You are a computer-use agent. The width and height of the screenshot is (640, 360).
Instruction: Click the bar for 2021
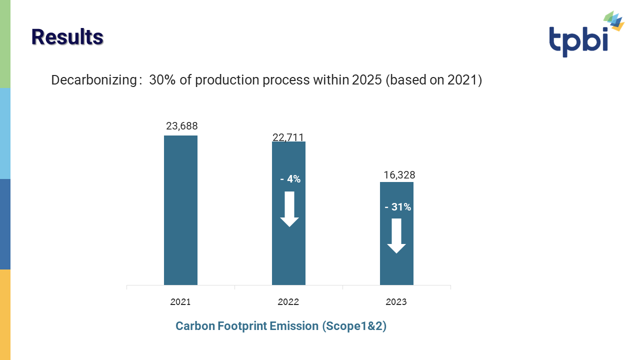tap(180, 210)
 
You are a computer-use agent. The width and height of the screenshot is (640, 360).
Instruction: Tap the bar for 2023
tap(396, 270)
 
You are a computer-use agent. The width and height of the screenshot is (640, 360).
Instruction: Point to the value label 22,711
tap(288, 137)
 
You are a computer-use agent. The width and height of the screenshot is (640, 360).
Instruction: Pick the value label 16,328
tap(399, 175)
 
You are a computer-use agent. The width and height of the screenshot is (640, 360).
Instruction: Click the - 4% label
tap(290, 179)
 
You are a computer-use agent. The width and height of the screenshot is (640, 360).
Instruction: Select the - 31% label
tap(397, 207)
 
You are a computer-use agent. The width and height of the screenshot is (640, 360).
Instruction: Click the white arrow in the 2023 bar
tap(396, 236)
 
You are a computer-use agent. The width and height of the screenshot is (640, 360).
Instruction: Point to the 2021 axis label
tap(180, 302)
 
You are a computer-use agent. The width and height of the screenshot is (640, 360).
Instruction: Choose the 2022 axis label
tap(288, 302)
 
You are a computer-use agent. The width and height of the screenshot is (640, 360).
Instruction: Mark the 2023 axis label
tap(396, 302)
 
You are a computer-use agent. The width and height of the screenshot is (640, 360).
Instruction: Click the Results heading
tap(67, 37)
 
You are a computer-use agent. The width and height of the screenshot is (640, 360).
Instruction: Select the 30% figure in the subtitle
tap(161, 80)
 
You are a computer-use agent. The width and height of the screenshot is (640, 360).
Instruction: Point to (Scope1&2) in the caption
tap(354, 326)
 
